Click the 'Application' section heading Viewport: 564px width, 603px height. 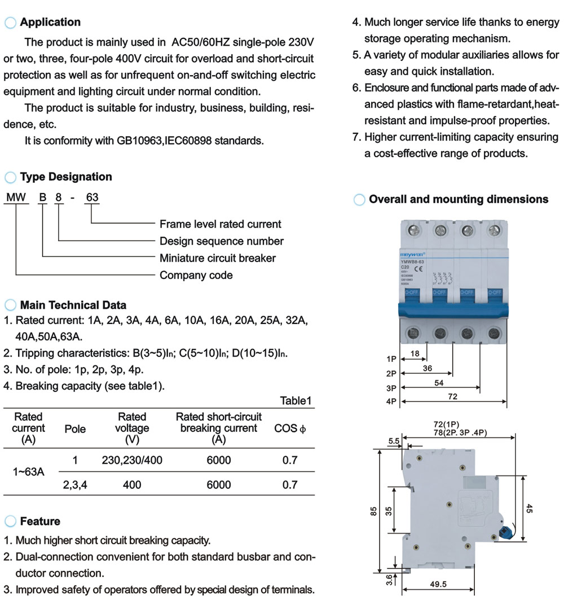pos(50,23)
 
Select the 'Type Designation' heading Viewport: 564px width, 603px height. pos(66,177)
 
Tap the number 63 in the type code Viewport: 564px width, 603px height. pos(91,198)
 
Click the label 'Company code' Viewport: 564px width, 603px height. pos(196,276)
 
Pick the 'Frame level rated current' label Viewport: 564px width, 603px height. pos(220,224)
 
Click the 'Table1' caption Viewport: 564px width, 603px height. pos(296,401)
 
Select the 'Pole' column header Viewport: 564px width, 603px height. pos(75,429)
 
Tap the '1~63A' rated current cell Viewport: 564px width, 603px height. pos(28,472)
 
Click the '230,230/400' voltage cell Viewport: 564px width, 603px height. pos(132,460)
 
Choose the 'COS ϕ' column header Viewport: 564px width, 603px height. pos(290,429)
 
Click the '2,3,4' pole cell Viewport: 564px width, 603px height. pos(75,484)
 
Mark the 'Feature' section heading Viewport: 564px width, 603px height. pos(39,521)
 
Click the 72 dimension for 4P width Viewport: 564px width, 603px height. pos(452,397)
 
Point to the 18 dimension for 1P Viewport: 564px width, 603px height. pos(415,353)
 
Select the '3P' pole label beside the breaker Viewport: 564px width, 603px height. pos(392,388)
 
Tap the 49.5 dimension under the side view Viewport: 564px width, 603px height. pos(438,584)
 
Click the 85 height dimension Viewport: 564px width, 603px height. pos(373,510)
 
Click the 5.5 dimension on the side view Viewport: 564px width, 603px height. pos(394,440)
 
